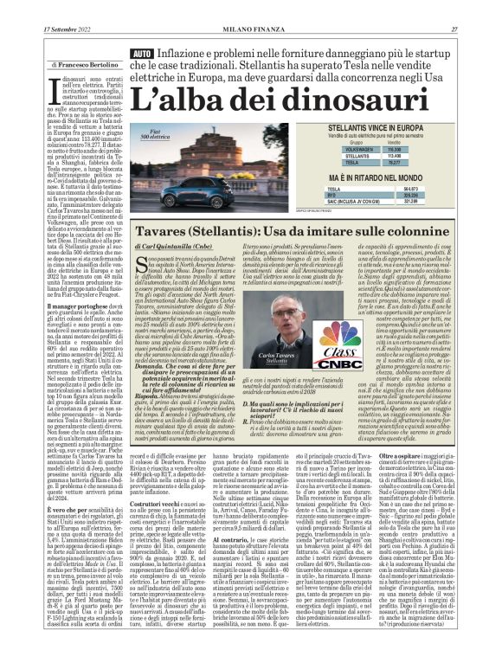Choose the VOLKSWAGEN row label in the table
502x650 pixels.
pyautogui.click(x=367, y=148)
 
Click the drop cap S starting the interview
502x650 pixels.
pyautogui.click(x=141, y=265)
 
